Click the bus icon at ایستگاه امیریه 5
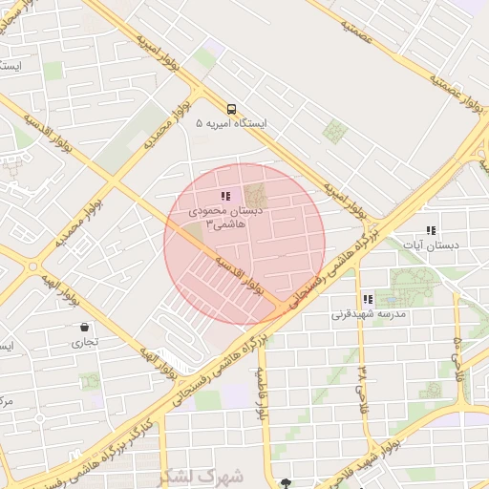click(x=231, y=108)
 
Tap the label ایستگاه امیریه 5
click(x=231, y=124)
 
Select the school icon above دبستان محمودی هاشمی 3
click(x=225, y=196)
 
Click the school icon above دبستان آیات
click(x=431, y=230)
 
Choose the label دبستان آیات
click(x=456, y=245)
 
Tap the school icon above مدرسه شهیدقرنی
click(x=368, y=299)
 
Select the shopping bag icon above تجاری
click(x=85, y=327)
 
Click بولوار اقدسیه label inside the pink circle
click(x=239, y=273)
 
